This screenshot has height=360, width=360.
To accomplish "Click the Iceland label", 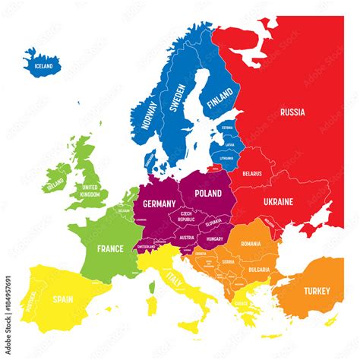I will coord(43,66).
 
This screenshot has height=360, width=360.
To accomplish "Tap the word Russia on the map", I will coord(292,112).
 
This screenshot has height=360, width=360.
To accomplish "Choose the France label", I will coord(109,248).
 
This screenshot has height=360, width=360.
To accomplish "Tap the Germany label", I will coord(159,204).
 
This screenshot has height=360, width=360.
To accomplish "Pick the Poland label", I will coord(207,193).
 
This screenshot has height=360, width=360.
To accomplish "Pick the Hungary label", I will coord(215,238).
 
